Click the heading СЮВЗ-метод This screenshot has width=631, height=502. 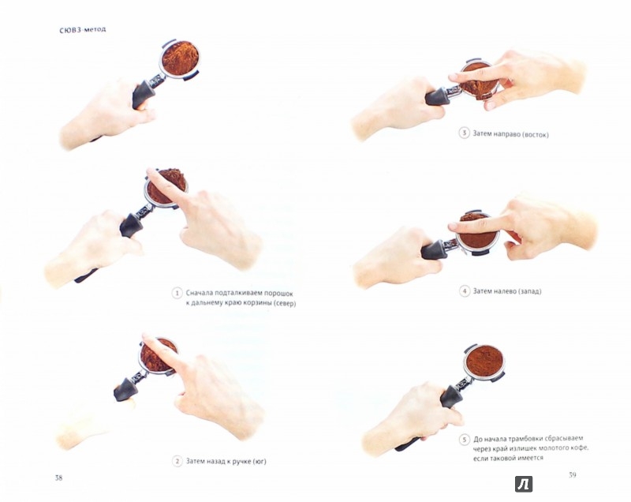coord(83,29)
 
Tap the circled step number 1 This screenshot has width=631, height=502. coord(177,293)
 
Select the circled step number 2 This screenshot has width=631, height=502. coord(177,461)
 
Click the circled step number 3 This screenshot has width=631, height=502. coord(464,133)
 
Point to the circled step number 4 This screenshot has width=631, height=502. coord(465,291)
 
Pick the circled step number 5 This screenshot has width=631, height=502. coord(465,440)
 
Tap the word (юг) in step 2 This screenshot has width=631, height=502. coord(259,461)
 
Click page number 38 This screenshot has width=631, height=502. coord(58,478)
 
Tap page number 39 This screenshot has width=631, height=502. coord(573,474)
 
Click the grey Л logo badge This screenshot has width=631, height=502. coord(524,484)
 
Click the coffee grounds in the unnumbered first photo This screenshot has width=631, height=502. coord(181,58)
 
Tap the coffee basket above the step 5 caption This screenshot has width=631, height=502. coord(484,361)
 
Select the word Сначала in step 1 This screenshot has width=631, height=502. coord(199,293)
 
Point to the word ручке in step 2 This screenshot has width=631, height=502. coord(238,461)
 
